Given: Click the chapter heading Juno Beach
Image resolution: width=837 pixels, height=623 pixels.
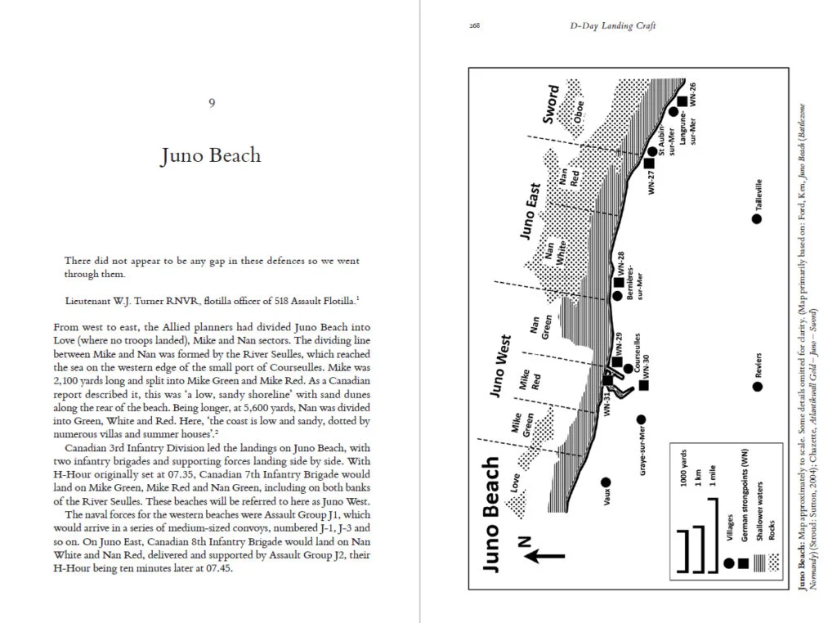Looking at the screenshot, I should point(211,155).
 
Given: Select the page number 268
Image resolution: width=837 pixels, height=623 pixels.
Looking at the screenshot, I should point(474,25).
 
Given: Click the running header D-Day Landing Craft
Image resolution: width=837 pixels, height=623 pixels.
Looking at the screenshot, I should point(612,25).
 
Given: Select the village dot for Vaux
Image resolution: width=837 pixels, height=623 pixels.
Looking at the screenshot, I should point(606,482).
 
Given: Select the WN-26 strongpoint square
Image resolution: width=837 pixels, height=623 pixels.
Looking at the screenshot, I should point(682,101).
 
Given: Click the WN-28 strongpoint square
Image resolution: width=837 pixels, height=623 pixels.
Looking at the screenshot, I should point(619,283).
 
